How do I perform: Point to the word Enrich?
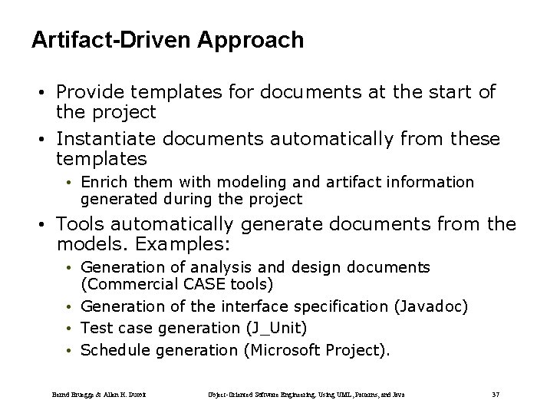pos(104,182)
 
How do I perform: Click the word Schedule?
pos(115,351)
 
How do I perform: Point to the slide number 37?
pos(495,395)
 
